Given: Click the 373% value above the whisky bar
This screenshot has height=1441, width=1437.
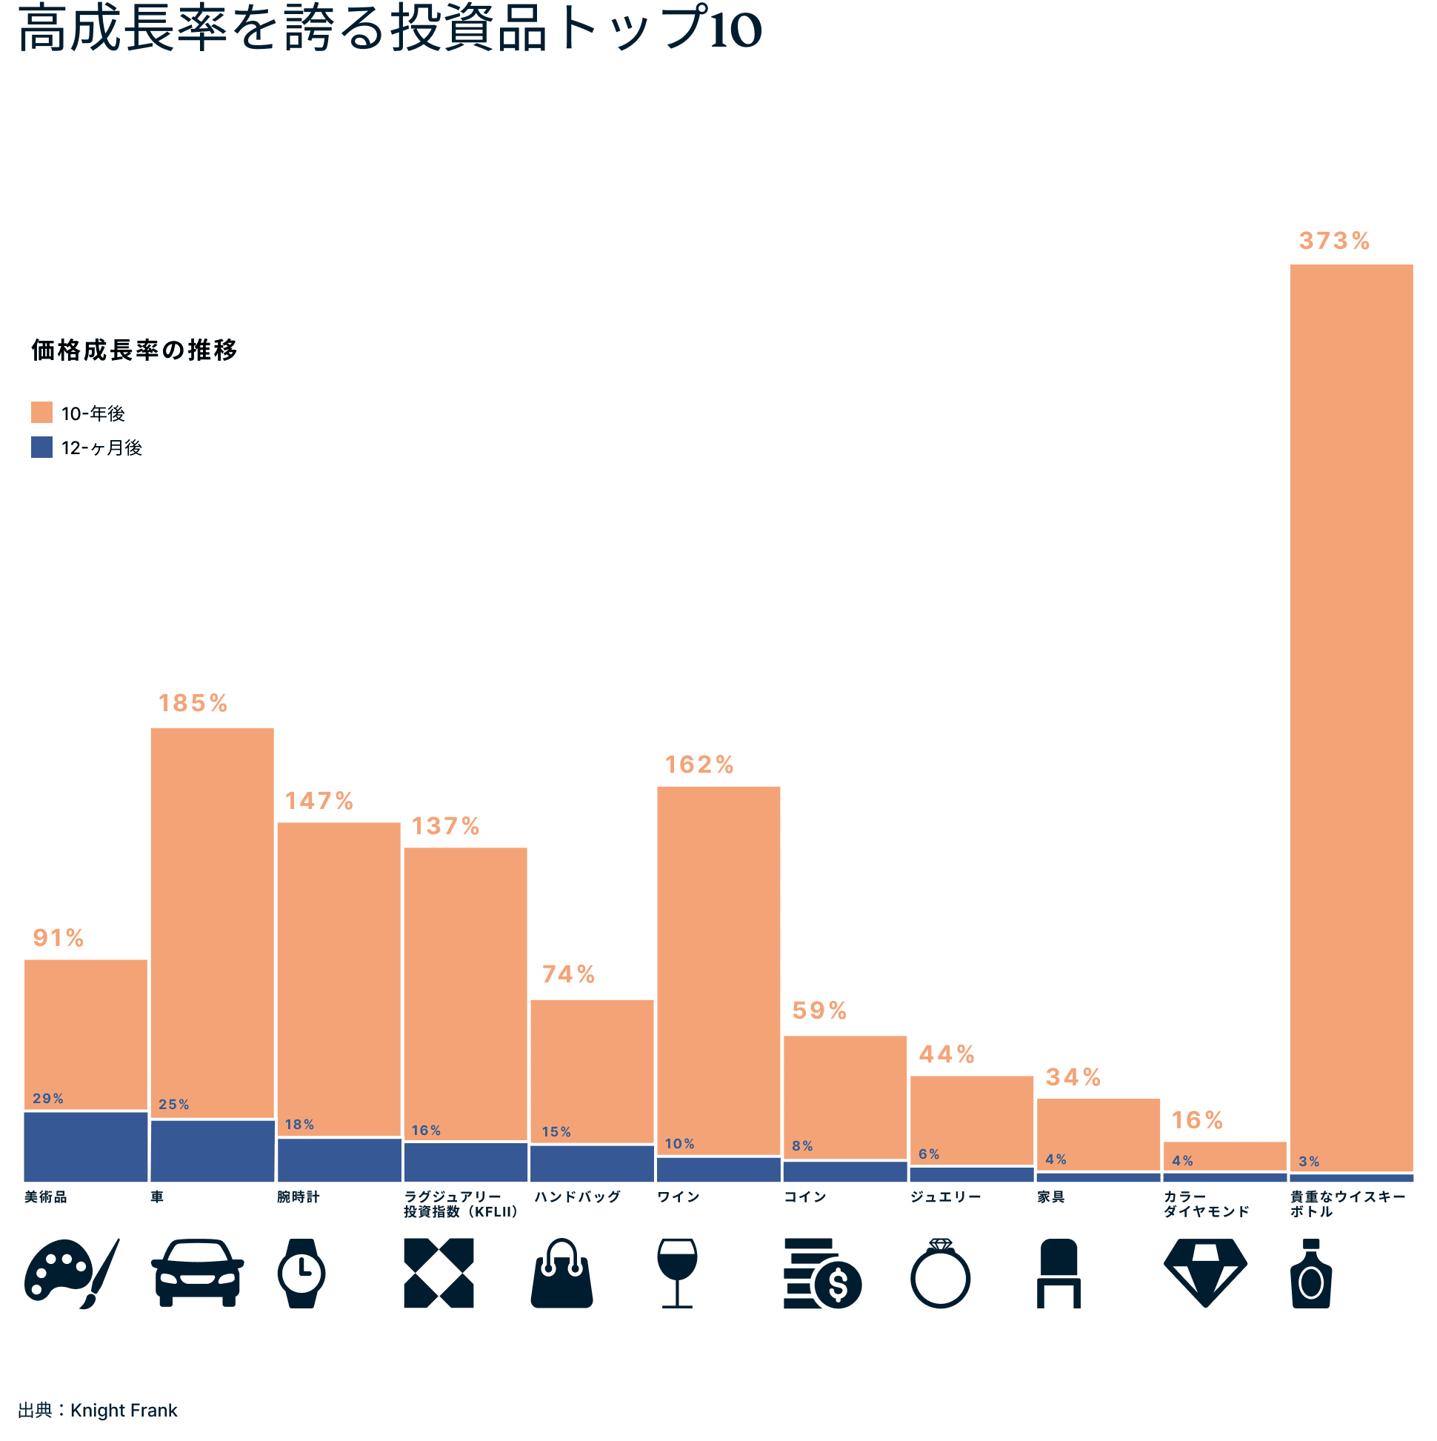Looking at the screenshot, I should click(x=1333, y=241).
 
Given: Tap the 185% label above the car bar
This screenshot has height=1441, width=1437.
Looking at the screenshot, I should click(x=193, y=703).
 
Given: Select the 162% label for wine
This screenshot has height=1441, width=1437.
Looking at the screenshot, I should click(x=699, y=765).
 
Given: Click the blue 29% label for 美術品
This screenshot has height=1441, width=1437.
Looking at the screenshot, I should click(x=47, y=1099).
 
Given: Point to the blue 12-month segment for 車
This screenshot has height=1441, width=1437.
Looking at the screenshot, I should click(x=213, y=1150).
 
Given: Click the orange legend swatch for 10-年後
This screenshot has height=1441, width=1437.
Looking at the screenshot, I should click(x=41, y=413).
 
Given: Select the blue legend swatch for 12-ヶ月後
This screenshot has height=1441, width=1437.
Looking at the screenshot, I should click(x=41, y=447).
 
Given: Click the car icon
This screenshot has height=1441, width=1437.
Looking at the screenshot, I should click(x=198, y=1273).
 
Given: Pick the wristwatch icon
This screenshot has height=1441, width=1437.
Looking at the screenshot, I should click(x=301, y=1273).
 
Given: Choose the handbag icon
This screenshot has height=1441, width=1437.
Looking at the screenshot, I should click(x=561, y=1274).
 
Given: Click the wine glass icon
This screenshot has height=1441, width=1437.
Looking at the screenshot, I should click(x=677, y=1273).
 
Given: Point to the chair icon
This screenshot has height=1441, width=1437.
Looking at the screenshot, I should click(x=1058, y=1273).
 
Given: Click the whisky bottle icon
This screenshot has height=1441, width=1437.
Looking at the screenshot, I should click(x=1310, y=1273).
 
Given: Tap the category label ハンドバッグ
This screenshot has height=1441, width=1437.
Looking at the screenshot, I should click(x=577, y=1197).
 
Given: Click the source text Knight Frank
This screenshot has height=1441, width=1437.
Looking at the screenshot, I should click(x=124, y=1411).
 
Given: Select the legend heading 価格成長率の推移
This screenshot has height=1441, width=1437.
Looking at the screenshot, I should click(x=134, y=350).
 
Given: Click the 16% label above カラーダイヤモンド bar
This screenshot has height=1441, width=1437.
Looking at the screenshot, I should click(x=1196, y=1120).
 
